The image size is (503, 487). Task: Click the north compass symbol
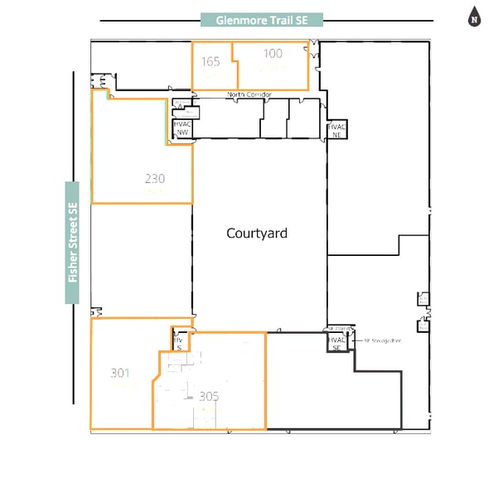475,17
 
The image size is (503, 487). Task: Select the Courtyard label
257,234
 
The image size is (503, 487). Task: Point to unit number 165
210,60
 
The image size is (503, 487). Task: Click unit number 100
273,54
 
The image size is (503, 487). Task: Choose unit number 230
155,178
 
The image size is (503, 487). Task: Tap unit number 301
120,373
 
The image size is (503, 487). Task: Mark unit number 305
209,397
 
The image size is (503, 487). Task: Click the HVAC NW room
181,128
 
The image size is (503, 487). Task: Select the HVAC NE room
336,130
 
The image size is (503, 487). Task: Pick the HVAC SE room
336,342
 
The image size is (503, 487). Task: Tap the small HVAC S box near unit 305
178,342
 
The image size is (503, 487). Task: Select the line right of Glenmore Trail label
377,20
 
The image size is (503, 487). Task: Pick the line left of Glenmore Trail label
149,20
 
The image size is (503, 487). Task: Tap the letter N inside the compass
475,19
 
